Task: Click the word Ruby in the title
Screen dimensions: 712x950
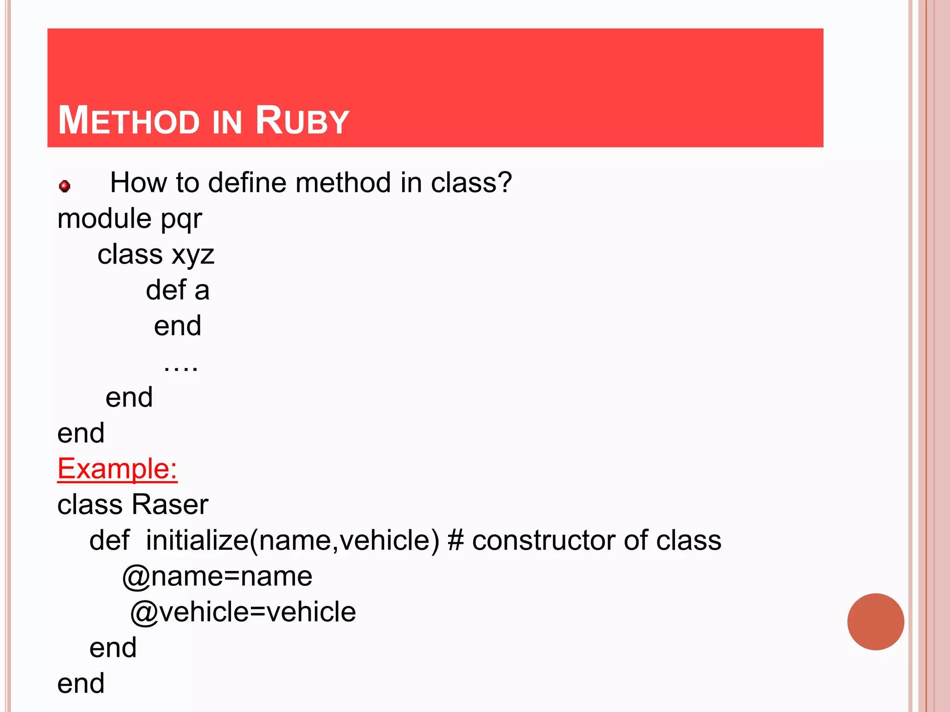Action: click(x=302, y=121)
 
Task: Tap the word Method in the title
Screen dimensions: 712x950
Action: click(x=128, y=121)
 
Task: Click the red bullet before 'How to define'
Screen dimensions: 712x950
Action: click(x=65, y=186)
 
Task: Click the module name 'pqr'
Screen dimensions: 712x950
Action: click(x=181, y=219)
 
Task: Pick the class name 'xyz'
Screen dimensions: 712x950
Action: click(x=193, y=255)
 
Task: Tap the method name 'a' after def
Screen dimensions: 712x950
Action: click(x=202, y=291)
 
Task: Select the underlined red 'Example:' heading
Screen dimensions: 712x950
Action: click(x=117, y=469)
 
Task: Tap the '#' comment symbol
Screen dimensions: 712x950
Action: click(x=456, y=540)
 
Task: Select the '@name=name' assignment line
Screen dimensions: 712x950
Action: click(x=217, y=577)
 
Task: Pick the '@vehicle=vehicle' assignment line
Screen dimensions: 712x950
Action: click(x=243, y=612)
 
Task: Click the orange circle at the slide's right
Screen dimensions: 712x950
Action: click(x=875, y=622)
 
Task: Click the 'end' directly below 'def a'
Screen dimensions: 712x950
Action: click(x=178, y=326)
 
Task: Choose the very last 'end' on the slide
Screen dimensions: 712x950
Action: click(x=81, y=684)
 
